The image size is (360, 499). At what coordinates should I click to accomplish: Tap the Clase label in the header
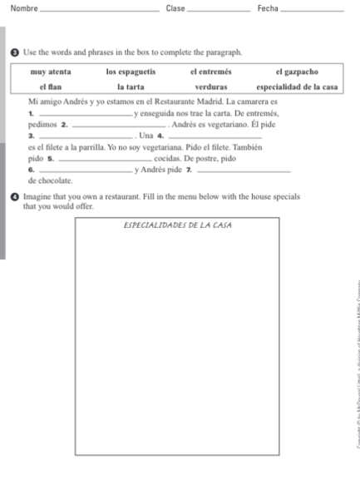click(x=175, y=8)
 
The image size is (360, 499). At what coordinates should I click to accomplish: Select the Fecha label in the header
click(x=267, y=8)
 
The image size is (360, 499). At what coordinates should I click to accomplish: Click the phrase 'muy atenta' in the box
click(x=51, y=72)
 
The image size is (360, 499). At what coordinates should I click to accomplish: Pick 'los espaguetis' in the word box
click(x=131, y=72)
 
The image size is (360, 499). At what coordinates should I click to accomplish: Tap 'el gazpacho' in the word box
click(x=296, y=72)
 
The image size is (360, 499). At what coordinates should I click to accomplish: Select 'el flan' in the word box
click(x=51, y=87)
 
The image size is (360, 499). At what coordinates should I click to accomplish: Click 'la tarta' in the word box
click(x=131, y=87)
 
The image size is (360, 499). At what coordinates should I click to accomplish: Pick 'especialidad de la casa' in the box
click(x=296, y=87)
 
